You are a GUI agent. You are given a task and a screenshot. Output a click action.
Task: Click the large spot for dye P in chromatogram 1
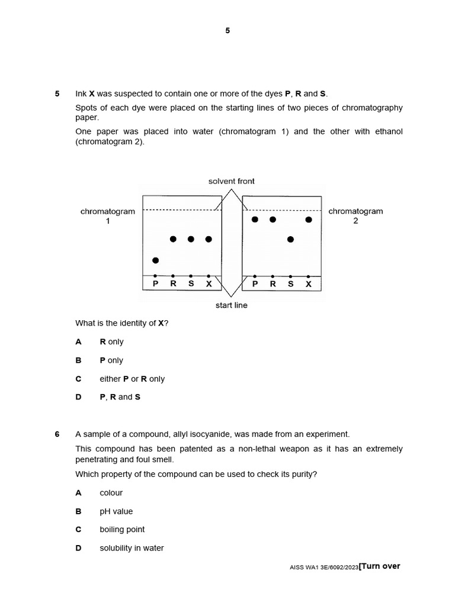(x=156, y=260)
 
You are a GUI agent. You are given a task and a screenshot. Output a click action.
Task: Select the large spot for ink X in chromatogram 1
(x=209, y=239)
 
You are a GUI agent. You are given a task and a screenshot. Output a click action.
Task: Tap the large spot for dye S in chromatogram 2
(x=290, y=239)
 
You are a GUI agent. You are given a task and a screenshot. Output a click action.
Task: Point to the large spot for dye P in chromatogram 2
(x=255, y=220)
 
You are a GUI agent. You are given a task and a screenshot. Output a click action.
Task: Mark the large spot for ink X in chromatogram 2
(x=309, y=220)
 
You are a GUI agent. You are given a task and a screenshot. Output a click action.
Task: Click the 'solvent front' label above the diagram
(x=232, y=181)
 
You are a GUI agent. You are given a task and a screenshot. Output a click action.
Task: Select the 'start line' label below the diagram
(x=232, y=305)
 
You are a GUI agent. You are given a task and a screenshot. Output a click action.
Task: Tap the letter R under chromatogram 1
(x=173, y=284)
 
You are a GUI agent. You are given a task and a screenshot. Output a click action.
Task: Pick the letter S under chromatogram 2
(x=290, y=284)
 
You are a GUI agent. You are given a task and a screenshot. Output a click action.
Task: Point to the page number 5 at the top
(x=227, y=31)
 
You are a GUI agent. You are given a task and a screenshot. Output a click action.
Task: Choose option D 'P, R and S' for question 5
(x=120, y=397)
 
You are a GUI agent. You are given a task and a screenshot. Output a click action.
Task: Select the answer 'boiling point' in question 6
(x=122, y=530)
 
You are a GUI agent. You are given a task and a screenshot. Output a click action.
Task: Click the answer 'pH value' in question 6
(x=116, y=511)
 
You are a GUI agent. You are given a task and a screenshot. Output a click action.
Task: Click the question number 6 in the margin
(x=57, y=434)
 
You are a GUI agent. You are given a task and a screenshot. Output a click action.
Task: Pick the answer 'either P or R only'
(x=132, y=379)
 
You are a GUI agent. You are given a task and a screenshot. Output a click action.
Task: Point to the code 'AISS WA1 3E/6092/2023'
(x=324, y=568)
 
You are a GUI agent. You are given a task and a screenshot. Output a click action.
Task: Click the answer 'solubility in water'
(x=132, y=548)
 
